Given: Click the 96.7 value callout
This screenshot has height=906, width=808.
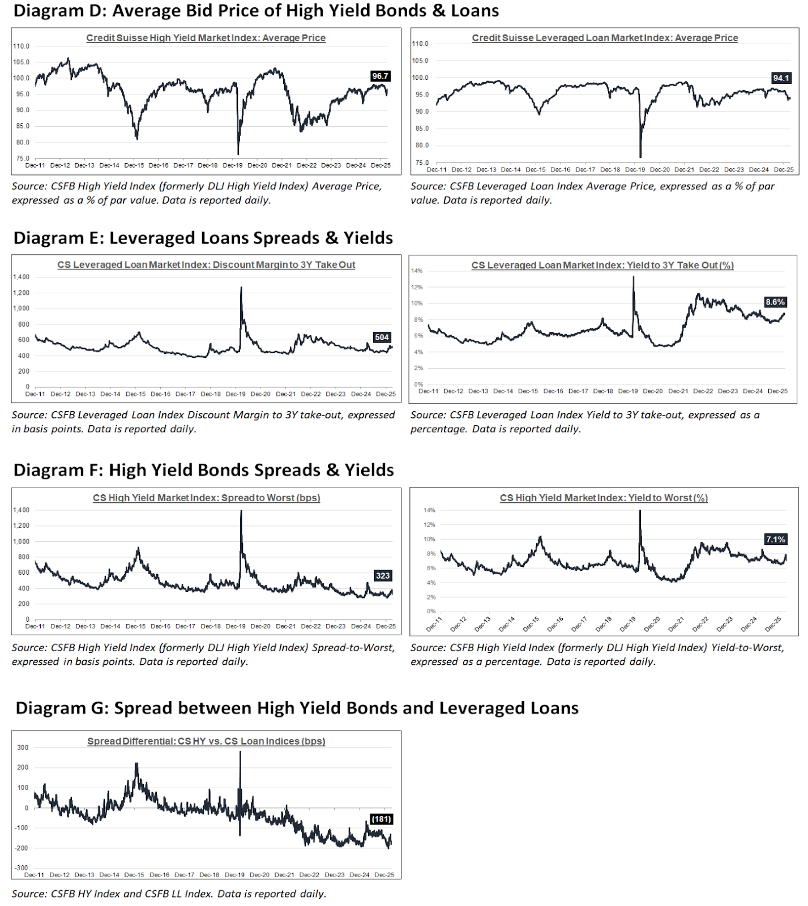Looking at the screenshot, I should point(380,76).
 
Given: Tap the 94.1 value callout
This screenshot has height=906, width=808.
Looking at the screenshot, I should point(780,78).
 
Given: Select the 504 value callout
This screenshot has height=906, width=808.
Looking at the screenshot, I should point(382,337).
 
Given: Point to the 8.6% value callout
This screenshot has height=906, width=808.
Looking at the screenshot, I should point(775,302).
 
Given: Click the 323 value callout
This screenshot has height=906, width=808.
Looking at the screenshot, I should point(383,576).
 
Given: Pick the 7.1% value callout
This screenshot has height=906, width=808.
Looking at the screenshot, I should point(775,540).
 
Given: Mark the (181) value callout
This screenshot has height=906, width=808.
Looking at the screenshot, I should point(381,819).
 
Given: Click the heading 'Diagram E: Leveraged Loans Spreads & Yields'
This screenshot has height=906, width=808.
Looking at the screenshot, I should point(203,238).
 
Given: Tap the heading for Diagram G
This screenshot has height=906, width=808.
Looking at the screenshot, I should point(297,708).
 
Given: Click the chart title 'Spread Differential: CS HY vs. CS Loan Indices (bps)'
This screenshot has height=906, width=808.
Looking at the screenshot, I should point(206,741).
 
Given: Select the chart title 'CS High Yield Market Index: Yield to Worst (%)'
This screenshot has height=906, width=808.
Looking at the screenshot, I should point(604,498).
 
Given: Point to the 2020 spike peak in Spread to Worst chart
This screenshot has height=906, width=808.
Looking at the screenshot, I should point(241,511).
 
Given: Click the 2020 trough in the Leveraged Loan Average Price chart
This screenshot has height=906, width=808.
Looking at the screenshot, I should point(640,157).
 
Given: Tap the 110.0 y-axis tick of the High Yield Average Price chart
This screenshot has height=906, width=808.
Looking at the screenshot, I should point(22,46).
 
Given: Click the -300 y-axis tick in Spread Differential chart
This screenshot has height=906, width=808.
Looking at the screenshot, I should point(22,868).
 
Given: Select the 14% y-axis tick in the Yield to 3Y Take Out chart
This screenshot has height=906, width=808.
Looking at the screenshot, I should point(417,271).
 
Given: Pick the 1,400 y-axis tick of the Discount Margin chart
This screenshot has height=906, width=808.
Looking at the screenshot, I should point(22,277).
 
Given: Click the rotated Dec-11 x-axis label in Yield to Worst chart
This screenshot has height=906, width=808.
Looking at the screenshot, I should point(433,625).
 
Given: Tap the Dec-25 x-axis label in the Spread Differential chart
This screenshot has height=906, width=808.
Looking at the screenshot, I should point(384,875).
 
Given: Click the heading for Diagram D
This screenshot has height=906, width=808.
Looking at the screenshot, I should point(256,11).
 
